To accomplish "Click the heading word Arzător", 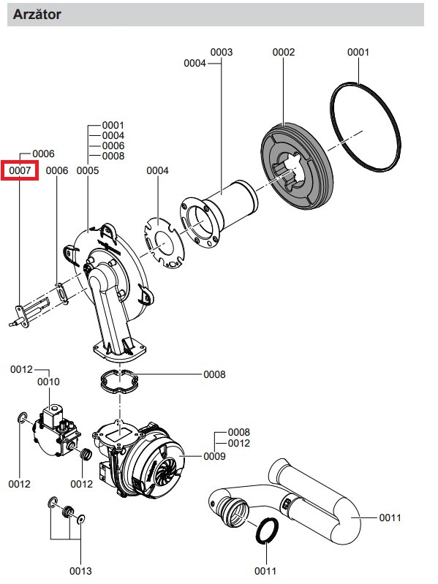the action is click(37, 15).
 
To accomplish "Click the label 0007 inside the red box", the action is click(20, 170).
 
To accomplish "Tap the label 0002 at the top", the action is click(284, 52).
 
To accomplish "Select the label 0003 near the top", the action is click(222, 52).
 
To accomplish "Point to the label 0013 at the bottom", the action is click(80, 571).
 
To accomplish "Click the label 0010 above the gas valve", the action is click(48, 382).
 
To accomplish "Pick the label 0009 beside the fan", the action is click(214, 456).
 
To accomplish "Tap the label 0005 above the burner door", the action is click(88, 170).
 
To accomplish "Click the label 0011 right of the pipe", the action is click(390, 517).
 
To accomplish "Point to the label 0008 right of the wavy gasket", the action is click(214, 374).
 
